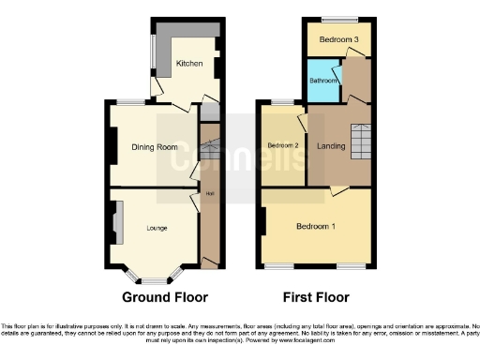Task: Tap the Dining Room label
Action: coord(154,147)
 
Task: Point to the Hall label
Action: coord(208,195)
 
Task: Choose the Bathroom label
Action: coord(324,81)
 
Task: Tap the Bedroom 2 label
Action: coord(282,146)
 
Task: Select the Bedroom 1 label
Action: coord(316,227)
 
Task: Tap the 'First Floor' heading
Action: coord(316,297)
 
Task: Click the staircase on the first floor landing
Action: coord(361,142)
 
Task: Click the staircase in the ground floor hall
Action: coord(209,150)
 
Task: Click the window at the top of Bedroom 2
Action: coord(282,102)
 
